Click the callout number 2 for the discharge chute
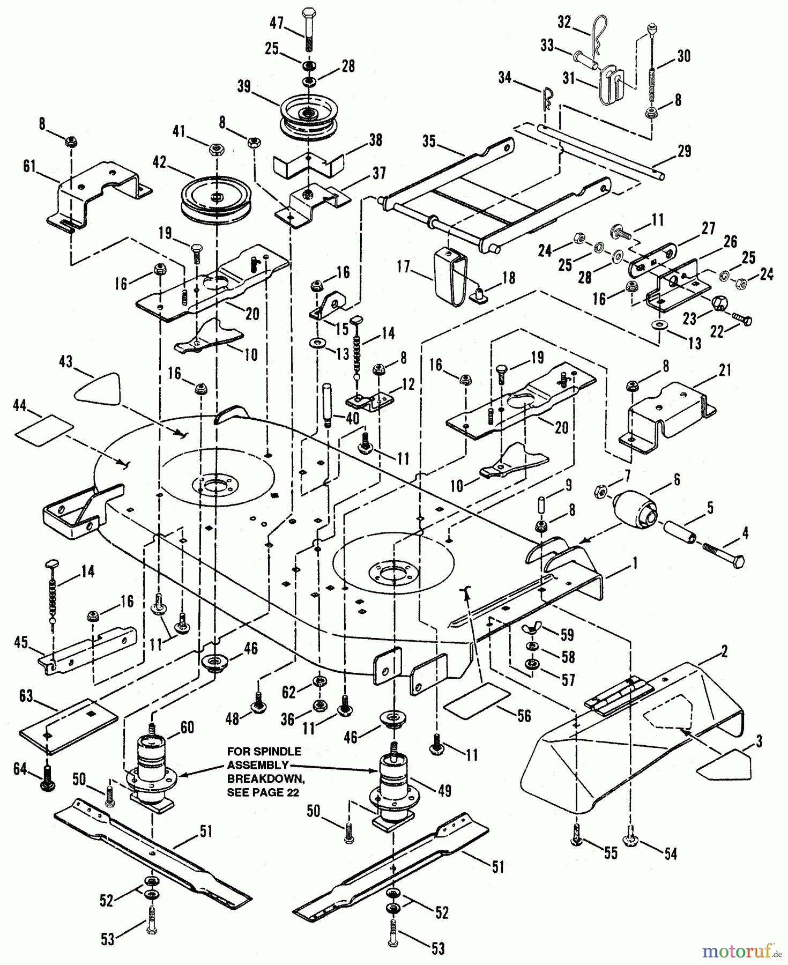coord(724,652)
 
